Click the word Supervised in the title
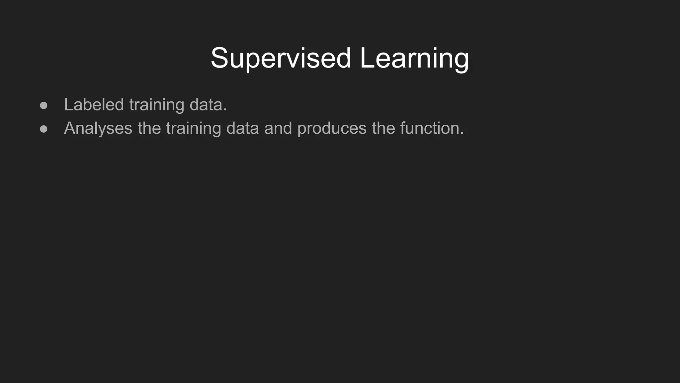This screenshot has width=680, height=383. (x=281, y=58)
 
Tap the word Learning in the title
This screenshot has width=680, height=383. (x=414, y=58)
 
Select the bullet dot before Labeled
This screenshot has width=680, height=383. (x=43, y=106)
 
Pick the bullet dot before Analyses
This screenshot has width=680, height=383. (x=43, y=129)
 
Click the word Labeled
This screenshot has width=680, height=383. (x=94, y=105)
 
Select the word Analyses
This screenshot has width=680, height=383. (x=98, y=129)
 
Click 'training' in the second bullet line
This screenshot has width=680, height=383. (x=193, y=129)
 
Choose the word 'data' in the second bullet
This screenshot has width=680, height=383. (x=242, y=128)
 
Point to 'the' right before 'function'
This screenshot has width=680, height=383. (x=383, y=128)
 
